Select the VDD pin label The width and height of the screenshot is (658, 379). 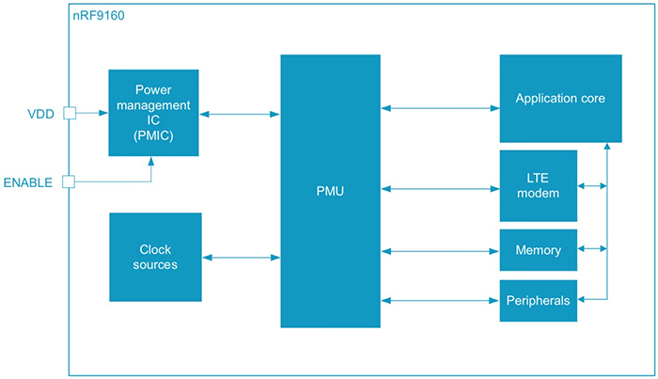41,114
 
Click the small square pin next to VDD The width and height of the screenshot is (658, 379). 69,114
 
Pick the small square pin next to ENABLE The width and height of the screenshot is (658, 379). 69,181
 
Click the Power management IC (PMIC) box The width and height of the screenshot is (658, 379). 153,112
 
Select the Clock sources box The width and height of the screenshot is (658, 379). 155,257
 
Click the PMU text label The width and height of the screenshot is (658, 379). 330,192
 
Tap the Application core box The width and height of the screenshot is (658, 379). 560,98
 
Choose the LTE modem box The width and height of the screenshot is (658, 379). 538,185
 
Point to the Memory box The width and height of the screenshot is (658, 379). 538,250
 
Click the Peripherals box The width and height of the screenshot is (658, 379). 538,300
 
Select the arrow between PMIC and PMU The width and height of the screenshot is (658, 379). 240,114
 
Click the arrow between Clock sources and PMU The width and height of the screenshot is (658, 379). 241,257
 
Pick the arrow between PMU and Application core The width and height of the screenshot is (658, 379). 440,108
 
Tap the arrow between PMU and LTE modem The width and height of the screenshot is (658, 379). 440,189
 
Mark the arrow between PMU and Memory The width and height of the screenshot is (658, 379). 440,250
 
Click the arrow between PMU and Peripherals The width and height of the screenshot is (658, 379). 440,300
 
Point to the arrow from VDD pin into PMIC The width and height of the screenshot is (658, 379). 91,114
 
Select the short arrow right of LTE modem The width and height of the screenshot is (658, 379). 592,185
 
